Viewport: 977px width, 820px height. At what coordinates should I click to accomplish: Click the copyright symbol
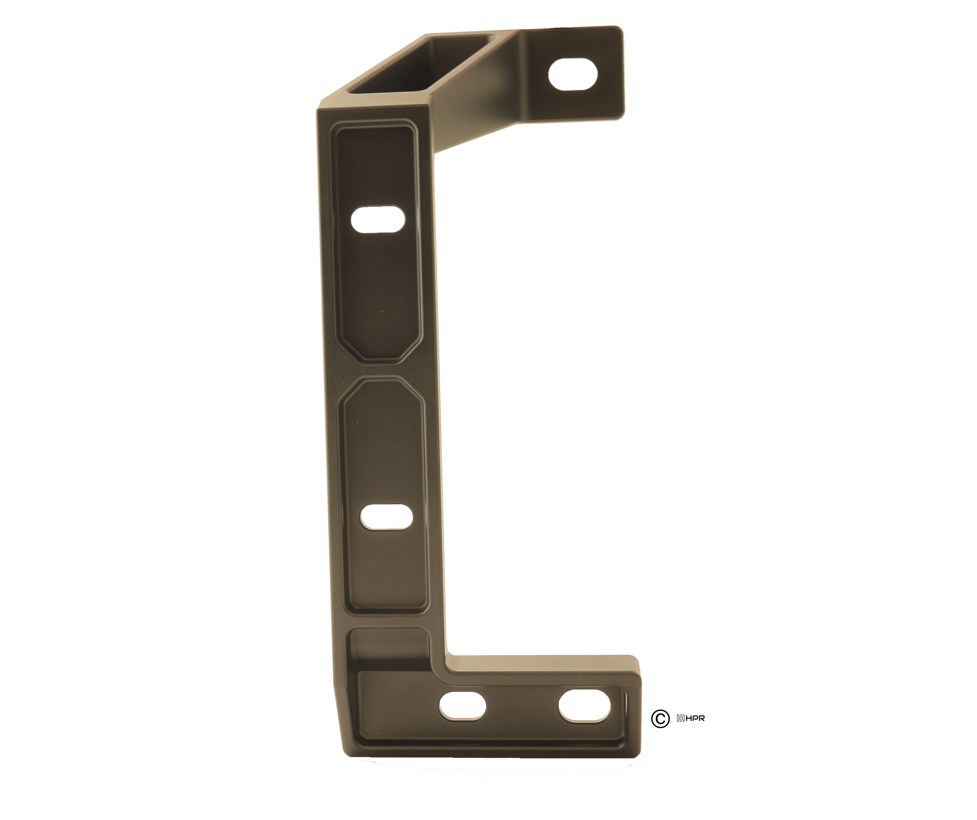tap(660, 719)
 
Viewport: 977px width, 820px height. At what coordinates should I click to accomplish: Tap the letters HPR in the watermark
tap(695, 719)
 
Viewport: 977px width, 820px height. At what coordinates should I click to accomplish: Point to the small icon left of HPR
tap(680, 719)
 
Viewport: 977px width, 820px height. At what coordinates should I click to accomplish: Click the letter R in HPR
tap(702, 719)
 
